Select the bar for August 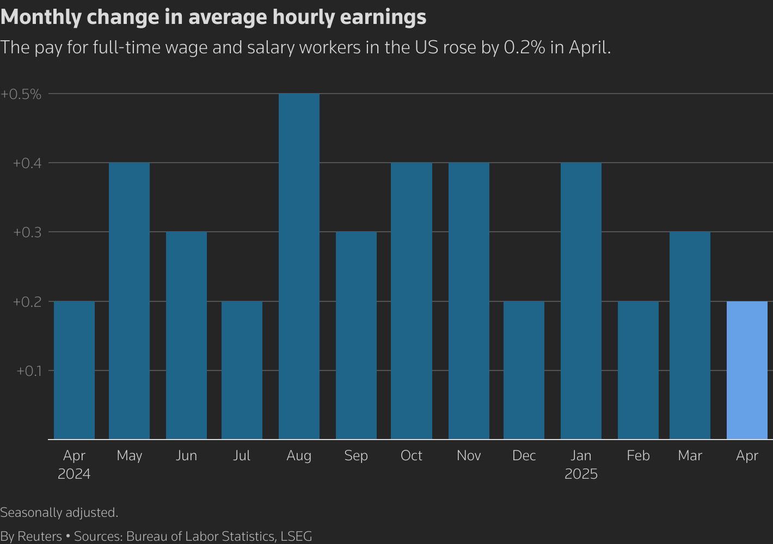[x=299, y=267]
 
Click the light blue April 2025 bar [x=747, y=370]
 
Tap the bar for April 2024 [x=74, y=370]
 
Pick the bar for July [x=242, y=370]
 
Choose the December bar [x=524, y=370]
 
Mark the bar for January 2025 [x=581, y=301]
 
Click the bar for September [x=356, y=336]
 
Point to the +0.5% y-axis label [x=21, y=94]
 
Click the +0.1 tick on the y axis [x=29, y=371]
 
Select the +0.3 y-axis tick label [x=27, y=232]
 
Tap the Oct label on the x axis [x=411, y=455]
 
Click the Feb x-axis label [x=638, y=455]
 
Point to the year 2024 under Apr [x=74, y=474]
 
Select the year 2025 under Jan [x=581, y=474]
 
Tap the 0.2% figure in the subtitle [x=524, y=48]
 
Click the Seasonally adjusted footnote [x=59, y=512]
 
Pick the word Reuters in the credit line [x=40, y=536]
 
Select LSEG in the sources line [x=296, y=536]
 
